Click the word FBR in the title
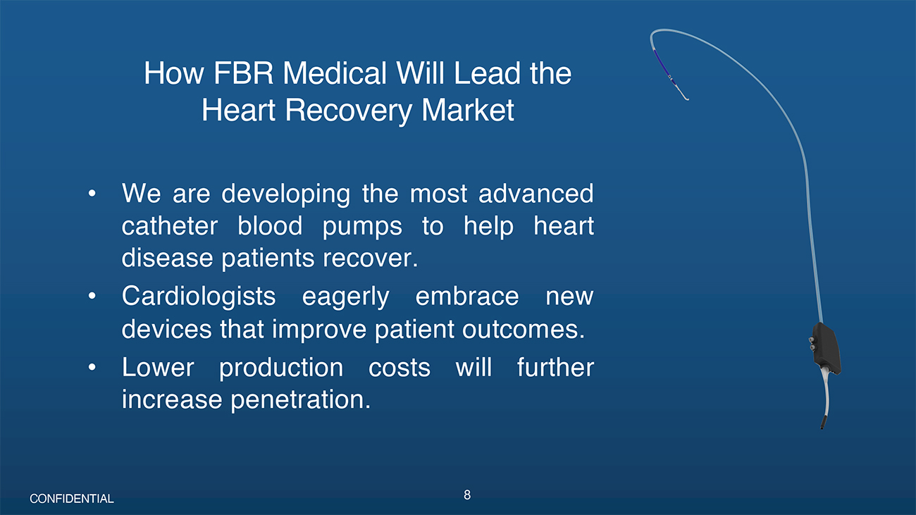243,73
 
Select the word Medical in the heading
335,73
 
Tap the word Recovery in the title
348,111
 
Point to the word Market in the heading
467,111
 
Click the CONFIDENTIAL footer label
72,499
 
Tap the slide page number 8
467,495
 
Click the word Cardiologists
199,297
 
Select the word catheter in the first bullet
170,226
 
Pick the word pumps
362,228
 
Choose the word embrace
467,296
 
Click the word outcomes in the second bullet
524,330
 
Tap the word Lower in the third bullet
158,367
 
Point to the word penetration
301,400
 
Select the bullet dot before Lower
92,367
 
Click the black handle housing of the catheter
826,348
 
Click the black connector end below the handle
823,422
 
